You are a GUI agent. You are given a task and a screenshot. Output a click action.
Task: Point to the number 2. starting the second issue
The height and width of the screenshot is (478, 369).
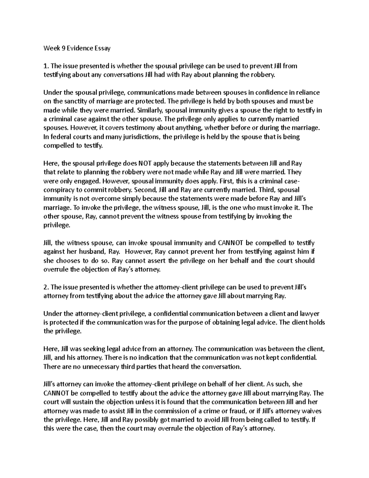pos(46,287)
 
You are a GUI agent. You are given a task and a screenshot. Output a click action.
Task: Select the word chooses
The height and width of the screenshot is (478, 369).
pos(66,261)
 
